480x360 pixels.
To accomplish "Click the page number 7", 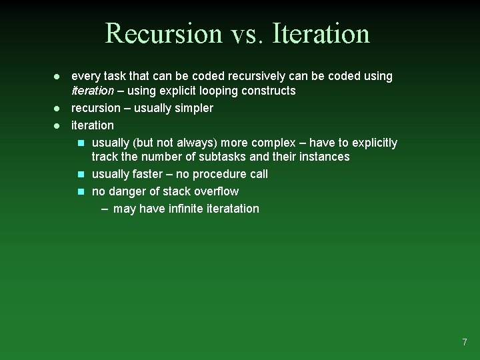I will click(x=465, y=342).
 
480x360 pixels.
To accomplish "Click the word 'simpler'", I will click(x=193, y=108).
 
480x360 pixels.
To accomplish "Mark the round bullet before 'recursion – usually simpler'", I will click(x=57, y=108).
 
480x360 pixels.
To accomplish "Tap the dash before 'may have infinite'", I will click(x=105, y=209).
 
